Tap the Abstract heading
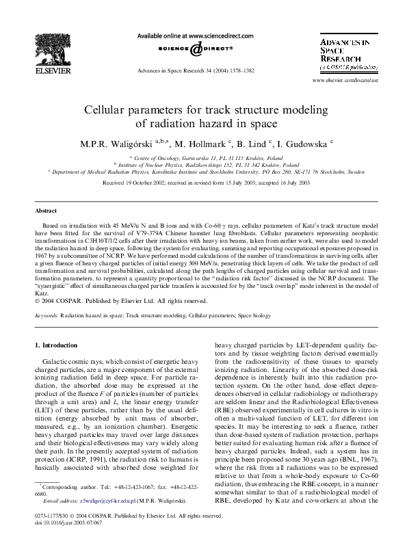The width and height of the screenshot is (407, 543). coord(46,211)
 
